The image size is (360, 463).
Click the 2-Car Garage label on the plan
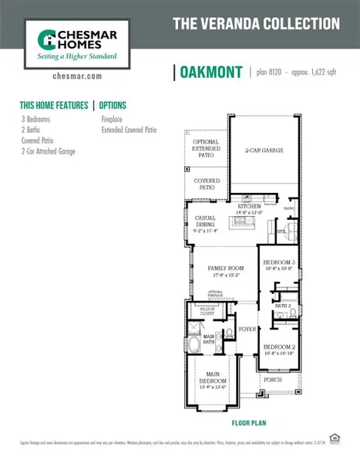263,150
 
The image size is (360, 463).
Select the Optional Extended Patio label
206,149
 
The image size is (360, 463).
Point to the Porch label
273,379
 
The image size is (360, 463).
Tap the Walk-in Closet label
206,314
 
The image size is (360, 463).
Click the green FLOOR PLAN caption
249,424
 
